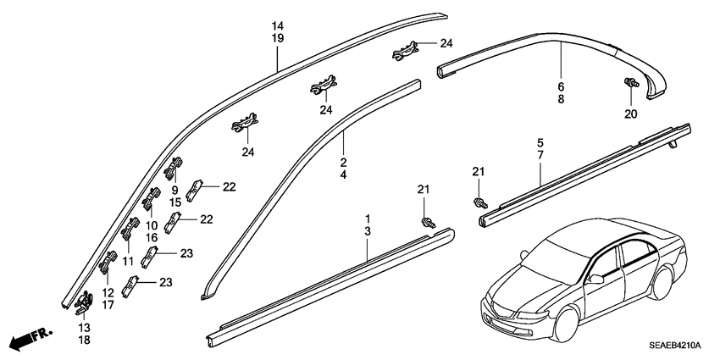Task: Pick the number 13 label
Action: pyautogui.click(x=83, y=327)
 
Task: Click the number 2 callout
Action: pyautogui.click(x=344, y=162)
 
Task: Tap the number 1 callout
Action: pyautogui.click(x=368, y=219)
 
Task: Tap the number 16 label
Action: pyautogui.click(x=152, y=239)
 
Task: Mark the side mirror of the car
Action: pyautogui.click(x=598, y=279)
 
